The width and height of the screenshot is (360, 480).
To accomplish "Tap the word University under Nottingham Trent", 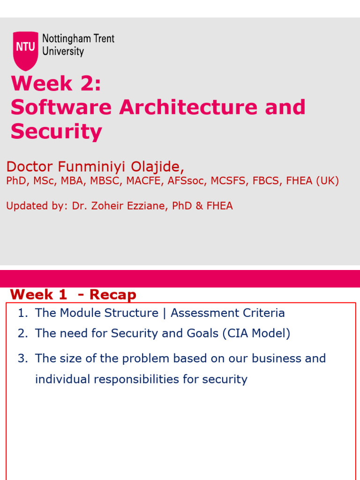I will (x=63, y=51).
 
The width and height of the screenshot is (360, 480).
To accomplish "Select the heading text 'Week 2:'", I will (x=56, y=84).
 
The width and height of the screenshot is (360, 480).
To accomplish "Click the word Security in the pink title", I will (x=56, y=131).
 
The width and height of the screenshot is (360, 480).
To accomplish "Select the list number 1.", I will (x=22, y=313).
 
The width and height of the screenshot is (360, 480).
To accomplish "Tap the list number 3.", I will (x=22, y=359).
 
